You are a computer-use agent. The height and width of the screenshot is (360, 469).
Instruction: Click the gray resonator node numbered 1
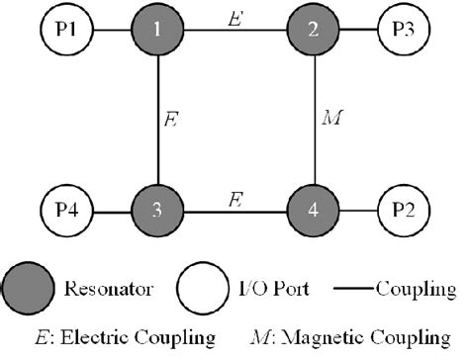pyautogui.click(x=158, y=31)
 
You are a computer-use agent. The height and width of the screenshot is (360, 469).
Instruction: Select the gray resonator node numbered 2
pyautogui.click(x=314, y=31)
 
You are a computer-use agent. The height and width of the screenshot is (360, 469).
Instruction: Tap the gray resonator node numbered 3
pyautogui.click(x=158, y=212)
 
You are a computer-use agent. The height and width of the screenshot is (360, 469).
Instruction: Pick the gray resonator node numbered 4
pyautogui.click(x=314, y=212)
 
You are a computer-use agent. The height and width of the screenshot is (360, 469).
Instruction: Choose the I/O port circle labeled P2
pyautogui.click(x=406, y=212)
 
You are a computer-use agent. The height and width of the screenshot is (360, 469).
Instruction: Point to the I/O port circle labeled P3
pyautogui.click(x=406, y=31)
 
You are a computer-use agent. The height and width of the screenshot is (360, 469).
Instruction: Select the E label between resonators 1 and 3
pyautogui.click(x=171, y=123)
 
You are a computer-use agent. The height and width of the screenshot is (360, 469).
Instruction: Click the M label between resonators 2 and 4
pyautogui.click(x=330, y=123)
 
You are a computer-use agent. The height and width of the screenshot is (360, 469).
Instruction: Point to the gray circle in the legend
pyautogui.click(x=35, y=290)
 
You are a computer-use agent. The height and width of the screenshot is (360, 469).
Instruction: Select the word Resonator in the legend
pyautogui.click(x=110, y=291)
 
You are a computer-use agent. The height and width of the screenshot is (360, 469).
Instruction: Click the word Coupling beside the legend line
pyautogui.click(x=414, y=291)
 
